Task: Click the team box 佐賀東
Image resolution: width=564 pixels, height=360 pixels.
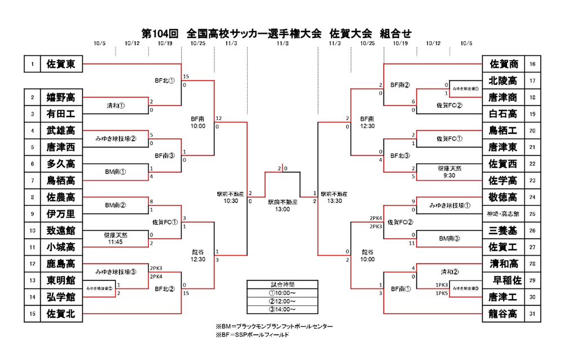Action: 61,64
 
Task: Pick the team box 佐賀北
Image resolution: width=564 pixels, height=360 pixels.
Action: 61,314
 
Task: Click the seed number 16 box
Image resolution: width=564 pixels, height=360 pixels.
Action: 533,64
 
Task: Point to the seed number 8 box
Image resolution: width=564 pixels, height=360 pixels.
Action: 32,197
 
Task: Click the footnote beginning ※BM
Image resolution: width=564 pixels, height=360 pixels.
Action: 274,326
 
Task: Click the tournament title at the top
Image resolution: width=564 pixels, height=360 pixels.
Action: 276,33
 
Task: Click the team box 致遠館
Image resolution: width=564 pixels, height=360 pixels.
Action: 61,230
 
